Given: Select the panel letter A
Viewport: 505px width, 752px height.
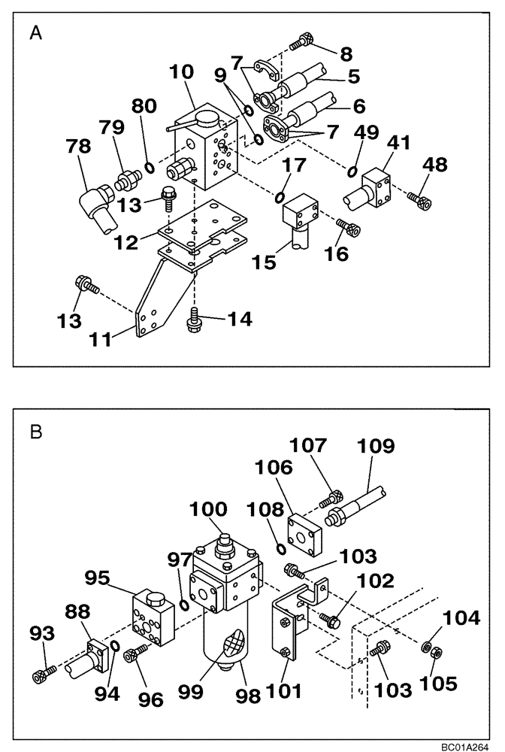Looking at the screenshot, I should (x=35, y=32).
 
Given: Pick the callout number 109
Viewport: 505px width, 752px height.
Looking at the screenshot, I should (x=375, y=447).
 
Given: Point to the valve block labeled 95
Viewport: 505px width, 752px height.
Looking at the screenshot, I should (x=153, y=614).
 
